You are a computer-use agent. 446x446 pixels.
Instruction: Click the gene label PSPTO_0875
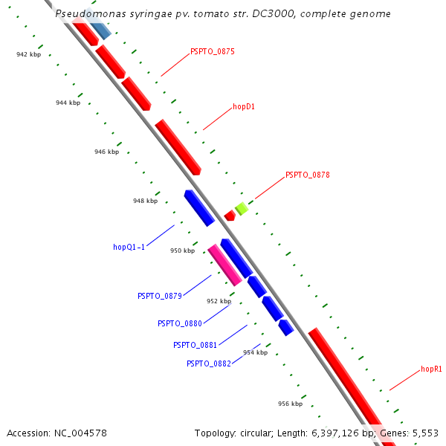click(x=213, y=51)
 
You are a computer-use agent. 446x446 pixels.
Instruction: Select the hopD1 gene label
click(x=244, y=106)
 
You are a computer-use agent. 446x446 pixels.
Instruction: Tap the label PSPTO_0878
click(x=308, y=175)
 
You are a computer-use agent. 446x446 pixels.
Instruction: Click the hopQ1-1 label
click(x=129, y=247)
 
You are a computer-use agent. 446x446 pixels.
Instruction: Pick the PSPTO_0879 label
click(x=160, y=296)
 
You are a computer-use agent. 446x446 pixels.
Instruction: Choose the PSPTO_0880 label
click(x=180, y=323)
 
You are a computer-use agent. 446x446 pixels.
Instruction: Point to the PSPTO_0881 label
click(x=195, y=345)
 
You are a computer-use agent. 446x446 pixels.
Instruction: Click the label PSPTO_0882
click(x=209, y=363)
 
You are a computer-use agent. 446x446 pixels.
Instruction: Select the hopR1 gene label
click(x=431, y=369)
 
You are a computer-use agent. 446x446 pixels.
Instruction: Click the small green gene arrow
click(x=241, y=208)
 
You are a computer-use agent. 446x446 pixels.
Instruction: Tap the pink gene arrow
click(x=224, y=265)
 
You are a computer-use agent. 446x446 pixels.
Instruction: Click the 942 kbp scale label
click(x=29, y=54)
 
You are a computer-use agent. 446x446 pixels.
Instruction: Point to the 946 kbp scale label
click(x=106, y=152)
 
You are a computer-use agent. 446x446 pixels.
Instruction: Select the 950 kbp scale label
click(x=182, y=251)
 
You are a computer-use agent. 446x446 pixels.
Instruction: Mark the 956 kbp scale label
click(x=290, y=404)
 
